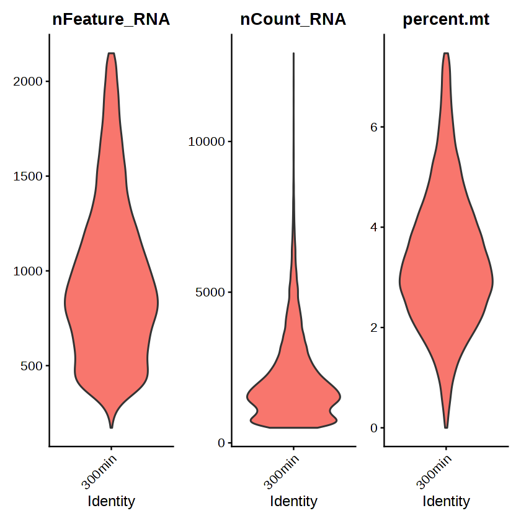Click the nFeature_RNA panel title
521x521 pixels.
111,20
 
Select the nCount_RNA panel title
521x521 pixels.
293,20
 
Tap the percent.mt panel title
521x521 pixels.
446,20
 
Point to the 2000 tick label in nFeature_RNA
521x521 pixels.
27,81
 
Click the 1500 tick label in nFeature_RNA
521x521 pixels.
27,176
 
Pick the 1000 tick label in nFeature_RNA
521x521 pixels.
27,271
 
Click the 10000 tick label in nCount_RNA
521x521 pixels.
207,141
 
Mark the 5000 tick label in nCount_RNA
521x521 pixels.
210,292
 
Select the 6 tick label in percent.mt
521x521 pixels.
374,127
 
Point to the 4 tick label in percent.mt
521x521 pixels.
374,227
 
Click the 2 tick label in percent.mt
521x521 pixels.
374,327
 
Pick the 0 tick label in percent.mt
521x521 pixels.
374,428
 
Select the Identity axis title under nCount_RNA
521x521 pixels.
293,501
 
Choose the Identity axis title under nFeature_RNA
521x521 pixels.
111,501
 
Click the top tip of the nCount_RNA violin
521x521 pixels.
293,54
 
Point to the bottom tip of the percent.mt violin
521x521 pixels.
446,427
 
